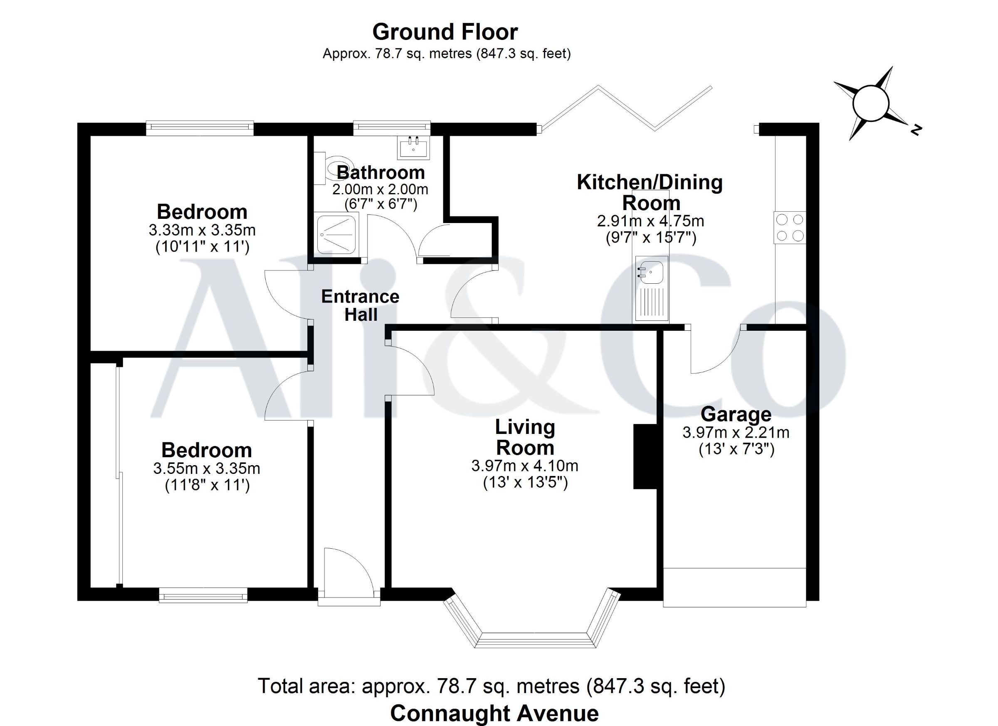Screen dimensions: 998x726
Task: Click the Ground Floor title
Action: [x=445, y=32]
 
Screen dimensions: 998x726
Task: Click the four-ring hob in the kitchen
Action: [x=790, y=228]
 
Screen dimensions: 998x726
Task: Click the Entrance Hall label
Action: [x=361, y=305]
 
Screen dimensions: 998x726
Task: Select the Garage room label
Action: [x=736, y=414]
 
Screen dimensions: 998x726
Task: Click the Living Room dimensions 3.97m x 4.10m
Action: [x=525, y=466]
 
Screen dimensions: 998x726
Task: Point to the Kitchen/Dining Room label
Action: [x=650, y=193]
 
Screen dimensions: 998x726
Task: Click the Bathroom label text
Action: [x=380, y=173]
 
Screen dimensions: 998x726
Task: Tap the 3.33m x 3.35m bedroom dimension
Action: [x=203, y=230]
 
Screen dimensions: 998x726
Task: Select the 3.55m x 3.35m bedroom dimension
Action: [x=207, y=468]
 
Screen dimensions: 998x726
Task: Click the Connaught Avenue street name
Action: [x=494, y=713]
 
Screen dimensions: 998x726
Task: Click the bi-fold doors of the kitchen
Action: [x=627, y=108]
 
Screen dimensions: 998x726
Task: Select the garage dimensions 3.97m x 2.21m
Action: [x=736, y=432]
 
